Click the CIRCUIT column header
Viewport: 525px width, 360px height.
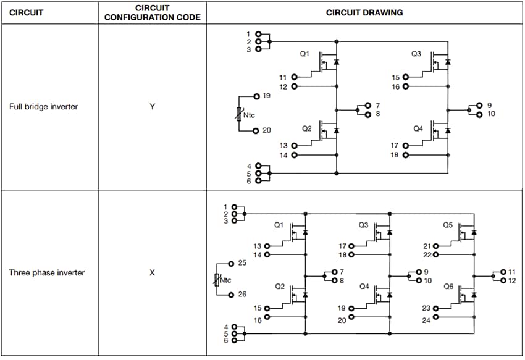click(26, 12)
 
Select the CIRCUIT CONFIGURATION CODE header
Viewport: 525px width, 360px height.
click(152, 12)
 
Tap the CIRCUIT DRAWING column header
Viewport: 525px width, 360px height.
click(364, 12)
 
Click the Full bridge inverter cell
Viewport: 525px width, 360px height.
click(43, 107)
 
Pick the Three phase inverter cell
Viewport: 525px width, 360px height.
click(47, 272)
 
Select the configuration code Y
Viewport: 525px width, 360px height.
click(152, 107)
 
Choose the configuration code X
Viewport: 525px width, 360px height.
click(152, 272)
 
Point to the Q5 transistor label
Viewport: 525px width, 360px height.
click(448, 225)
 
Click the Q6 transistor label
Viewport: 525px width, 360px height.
click(448, 287)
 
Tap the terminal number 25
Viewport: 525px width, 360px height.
click(242, 263)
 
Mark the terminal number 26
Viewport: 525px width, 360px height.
click(242, 295)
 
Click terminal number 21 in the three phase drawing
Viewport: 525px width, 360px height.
click(426, 246)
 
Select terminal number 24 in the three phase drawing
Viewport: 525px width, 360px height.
click(426, 320)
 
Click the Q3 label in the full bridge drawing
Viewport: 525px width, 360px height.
click(416, 54)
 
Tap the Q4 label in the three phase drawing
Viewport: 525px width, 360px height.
click(364, 287)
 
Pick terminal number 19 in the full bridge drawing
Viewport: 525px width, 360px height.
click(266, 96)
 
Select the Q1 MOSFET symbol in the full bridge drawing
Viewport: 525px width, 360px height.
click(328, 62)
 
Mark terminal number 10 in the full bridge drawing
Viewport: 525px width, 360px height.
click(491, 114)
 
